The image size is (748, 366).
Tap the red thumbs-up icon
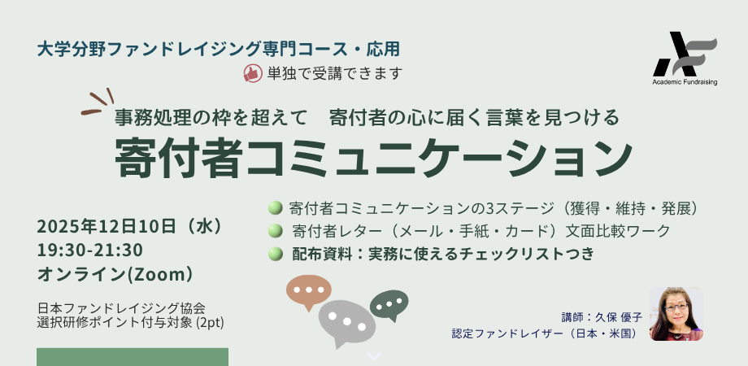coord(252,73)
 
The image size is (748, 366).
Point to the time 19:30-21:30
coord(89,250)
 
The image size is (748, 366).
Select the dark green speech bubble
coord(389,304)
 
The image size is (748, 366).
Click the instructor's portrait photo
coord(676,313)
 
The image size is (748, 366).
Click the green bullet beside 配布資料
coord(275,255)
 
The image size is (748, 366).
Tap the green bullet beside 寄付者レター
coord(275,231)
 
